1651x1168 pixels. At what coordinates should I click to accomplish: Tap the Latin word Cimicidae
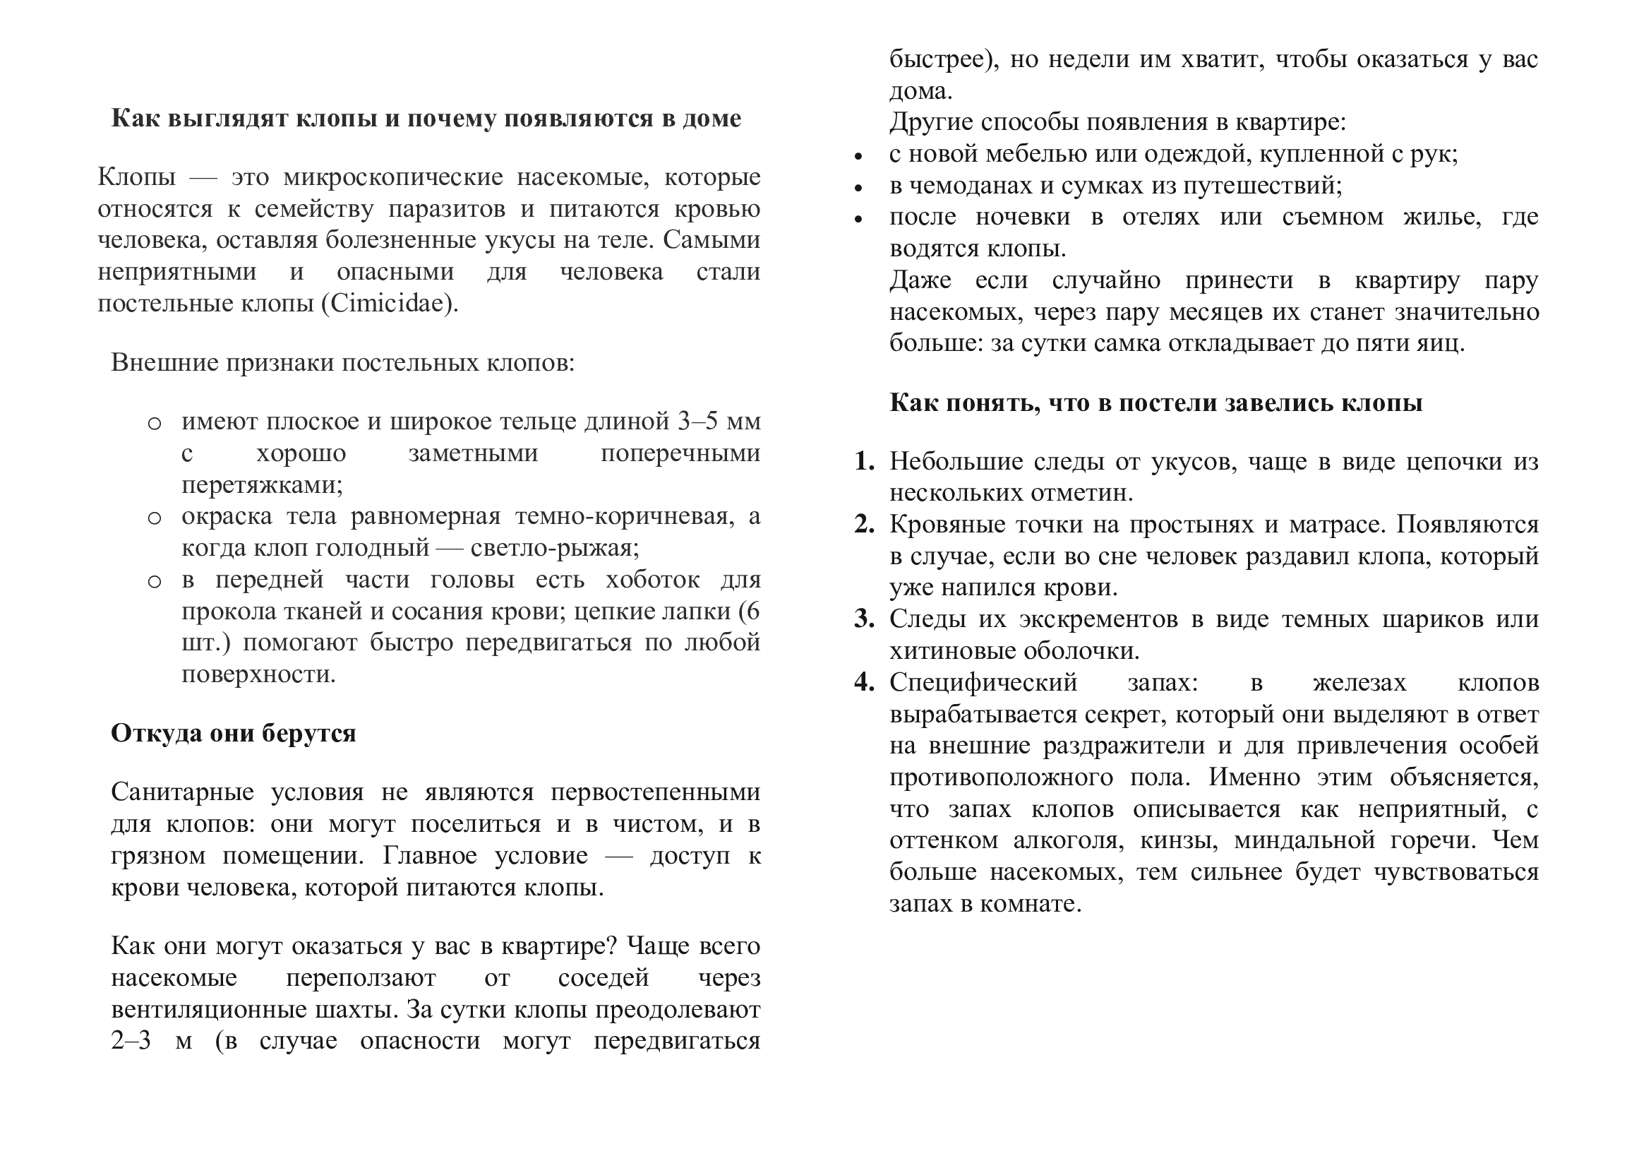click(389, 304)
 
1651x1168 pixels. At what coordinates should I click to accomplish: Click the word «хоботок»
click(652, 580)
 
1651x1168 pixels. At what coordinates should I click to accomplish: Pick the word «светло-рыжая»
click(554, 548)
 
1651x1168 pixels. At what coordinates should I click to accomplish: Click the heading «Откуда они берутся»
click(234, 733)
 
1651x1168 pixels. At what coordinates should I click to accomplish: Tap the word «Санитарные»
click(183, 792)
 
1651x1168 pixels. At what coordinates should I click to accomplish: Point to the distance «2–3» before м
click(131, 1041)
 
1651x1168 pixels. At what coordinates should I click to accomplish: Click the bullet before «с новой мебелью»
click(858, 155)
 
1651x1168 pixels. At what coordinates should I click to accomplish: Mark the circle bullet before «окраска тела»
click(154, 518)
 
